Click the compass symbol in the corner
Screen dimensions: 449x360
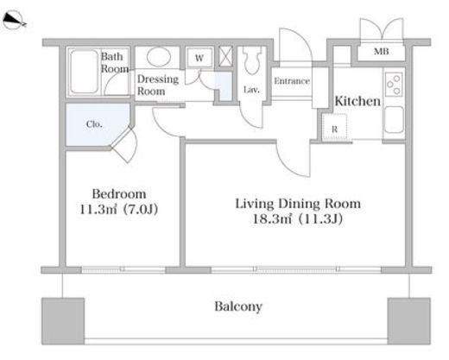(x=15, y=20)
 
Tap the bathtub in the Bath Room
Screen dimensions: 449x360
(x=84, y=72)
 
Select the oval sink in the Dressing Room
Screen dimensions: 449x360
(x=158, y=57)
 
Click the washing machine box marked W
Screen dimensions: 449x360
(x=199, y=58)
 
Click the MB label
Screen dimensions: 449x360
(x=381, y=52)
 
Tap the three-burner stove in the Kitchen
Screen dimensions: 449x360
(x=394, y=84)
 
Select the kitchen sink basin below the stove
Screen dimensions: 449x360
(x=394, y=120)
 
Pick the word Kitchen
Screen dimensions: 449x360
(x=357, y=101)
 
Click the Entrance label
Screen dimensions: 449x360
(x=292, y=81)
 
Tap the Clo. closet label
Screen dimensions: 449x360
(x=94, y=124)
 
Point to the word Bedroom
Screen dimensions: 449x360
(x=119, y=193)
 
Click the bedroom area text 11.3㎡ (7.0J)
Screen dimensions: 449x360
(x=118, y=209)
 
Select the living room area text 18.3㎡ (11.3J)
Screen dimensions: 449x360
(x=298, y=219)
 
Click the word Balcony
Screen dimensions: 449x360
(x=238, y=306)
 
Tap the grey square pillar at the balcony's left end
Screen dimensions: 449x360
(x=63, y=321)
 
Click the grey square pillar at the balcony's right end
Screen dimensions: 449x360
(x=409, y=321)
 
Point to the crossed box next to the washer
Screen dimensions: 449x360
(x=225, y=56)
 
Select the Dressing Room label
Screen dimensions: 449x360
(x=158, y=85)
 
